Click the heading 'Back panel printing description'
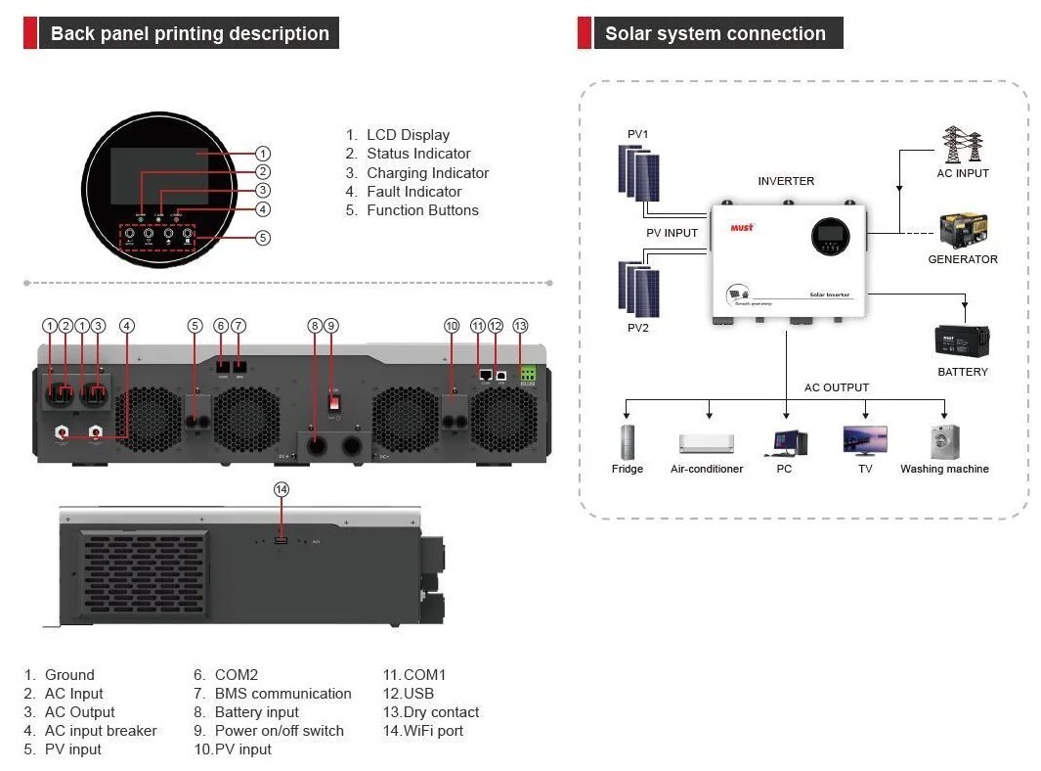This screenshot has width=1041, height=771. (x=190, y=33)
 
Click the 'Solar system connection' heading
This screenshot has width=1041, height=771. (x=715, y=33)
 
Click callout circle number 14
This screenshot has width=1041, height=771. (x=282, y=489)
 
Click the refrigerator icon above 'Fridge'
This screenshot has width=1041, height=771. (x=627, y=440)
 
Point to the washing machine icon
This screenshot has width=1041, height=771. (x=944, y=440)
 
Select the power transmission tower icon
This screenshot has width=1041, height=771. (x=962, y=145)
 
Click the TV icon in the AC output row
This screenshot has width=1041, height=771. (x=865, y=440)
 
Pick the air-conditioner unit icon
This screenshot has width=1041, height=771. (x=706, y=443)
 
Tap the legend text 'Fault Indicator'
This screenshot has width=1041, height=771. (x=413, y=192)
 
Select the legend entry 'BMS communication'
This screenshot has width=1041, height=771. (x=282, y=694)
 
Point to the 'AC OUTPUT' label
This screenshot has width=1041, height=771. (x=836, y=387)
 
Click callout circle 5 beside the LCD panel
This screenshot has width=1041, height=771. (x=263, y=238)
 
